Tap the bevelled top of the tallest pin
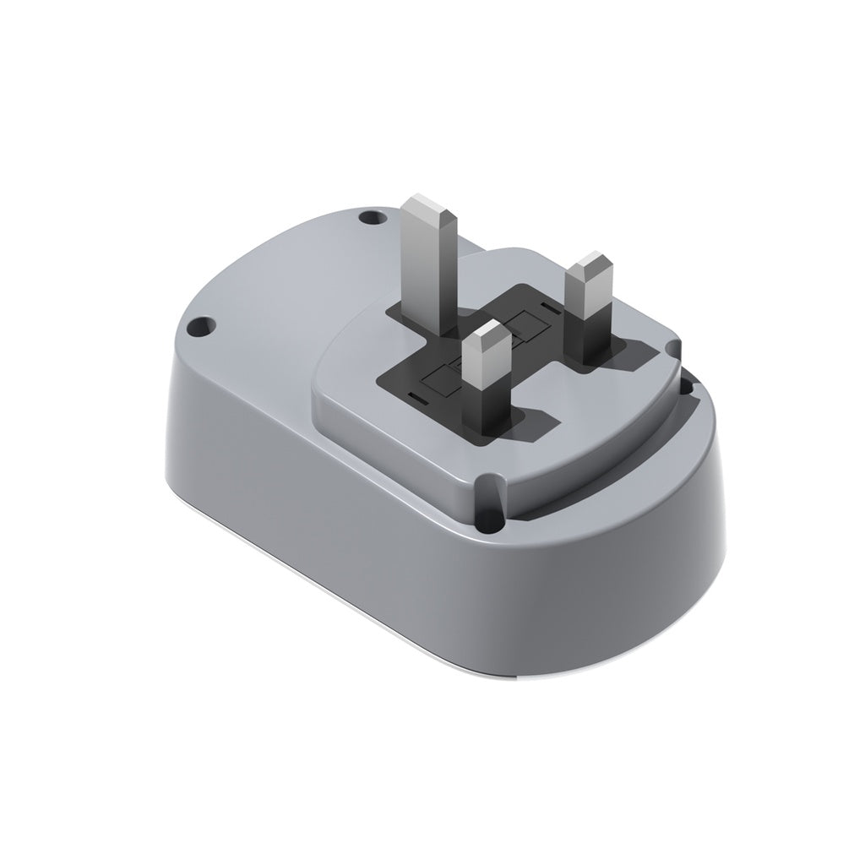430,204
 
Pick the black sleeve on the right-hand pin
595,338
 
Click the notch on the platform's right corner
673,346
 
